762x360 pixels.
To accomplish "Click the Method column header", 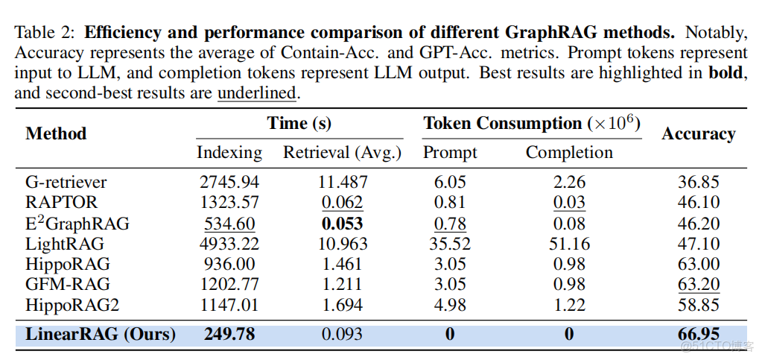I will tap(56, 134).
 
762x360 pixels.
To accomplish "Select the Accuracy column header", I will tap(698, 134).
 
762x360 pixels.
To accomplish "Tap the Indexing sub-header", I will tap(229, 153).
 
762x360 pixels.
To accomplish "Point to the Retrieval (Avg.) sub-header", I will tap(342, 153).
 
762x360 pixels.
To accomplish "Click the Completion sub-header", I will tap(569, 153).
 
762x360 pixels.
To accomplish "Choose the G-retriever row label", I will tap(66, 183).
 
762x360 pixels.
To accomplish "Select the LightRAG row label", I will tap(64, 244).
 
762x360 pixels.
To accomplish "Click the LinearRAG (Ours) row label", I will tap(101, 335).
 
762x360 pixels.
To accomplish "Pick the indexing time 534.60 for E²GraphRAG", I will tap(229, 224).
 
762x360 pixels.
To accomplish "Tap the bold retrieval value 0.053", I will tap(342, 224).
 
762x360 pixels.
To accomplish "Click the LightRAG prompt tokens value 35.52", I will tap(450, 244).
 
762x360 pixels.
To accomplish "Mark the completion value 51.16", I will tap(569, 244).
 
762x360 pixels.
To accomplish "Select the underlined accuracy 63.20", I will tap(698, 284).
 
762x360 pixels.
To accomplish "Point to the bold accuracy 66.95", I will tap(698, 335).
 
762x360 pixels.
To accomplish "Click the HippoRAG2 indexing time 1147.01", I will tap(229, 305).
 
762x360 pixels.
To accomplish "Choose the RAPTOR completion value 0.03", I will tap(569, 203).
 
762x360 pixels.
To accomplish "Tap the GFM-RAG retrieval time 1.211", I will tap(342, 284).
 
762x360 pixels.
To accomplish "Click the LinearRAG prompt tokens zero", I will tap(450, 335).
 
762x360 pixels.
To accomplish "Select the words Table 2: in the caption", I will tap(46, 33).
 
